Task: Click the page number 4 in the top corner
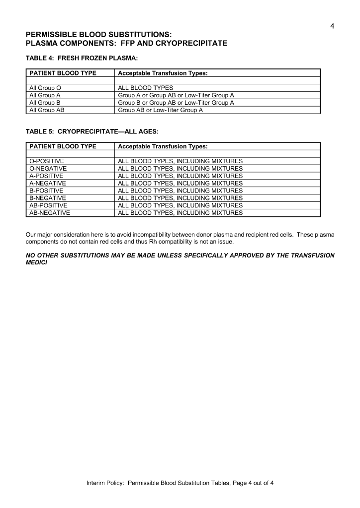tap(332, 26)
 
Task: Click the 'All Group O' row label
tap(45, 88)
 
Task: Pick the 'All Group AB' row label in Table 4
tap(47, 110)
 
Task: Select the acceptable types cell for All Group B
tap(176, 103)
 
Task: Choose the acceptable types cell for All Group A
tap(176, 95)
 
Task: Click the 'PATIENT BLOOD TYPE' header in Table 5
tap(63, 146)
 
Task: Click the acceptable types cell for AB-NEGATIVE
tap(180, 213)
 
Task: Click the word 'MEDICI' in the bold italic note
tap(36, 262)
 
